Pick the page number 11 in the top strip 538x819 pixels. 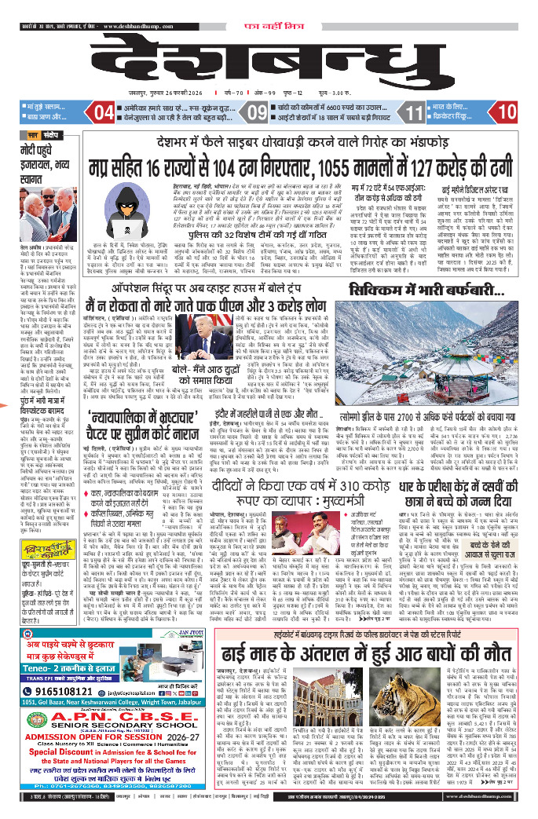[x=414, y=113]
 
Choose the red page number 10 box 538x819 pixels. [x=507, y=113]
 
